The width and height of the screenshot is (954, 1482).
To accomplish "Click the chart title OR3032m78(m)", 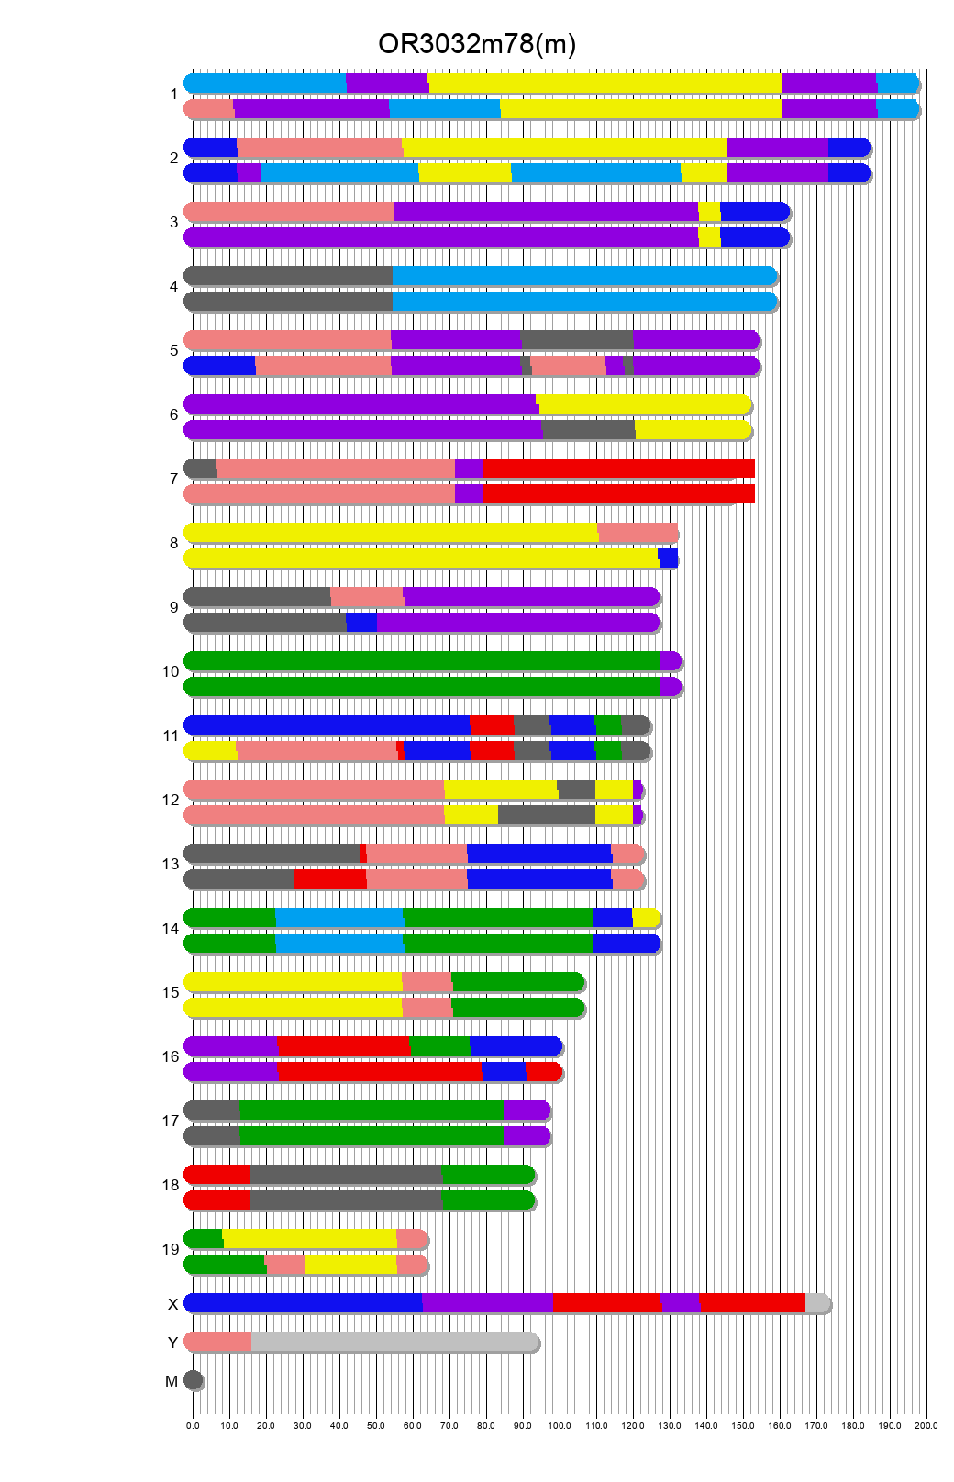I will click(477, 43).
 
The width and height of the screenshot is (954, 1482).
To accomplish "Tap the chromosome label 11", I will click(171, 735).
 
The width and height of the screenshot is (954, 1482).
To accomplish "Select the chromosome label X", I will click(172, 1304).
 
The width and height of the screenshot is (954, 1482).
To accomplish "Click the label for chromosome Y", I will click(172, 1343).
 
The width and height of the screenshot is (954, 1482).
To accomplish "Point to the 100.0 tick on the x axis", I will click(560, 1425).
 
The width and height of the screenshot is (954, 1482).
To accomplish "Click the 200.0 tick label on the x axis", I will click(926, 1425).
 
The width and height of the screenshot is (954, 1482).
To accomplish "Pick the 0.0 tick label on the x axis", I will click(193, 1425).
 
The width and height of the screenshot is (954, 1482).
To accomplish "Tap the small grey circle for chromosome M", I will click(194, 1380).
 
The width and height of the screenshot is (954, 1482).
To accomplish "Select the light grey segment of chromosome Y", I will click(394, 1342).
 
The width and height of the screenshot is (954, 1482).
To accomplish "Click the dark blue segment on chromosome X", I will click(303, 1303).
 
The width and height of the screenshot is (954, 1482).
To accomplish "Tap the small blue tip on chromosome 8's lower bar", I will click(668, 559).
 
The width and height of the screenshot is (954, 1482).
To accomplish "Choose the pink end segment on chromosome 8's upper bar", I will click(638, 533).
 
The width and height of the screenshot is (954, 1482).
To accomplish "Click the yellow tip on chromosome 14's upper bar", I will click(645, 918).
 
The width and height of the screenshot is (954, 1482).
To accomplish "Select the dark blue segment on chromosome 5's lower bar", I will click(220, 366).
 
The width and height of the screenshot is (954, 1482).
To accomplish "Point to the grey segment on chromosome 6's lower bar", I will click(588, 430).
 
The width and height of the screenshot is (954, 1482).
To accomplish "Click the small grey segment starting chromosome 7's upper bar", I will click(201, 469).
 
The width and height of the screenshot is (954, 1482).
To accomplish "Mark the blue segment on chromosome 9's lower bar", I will click(361, 623).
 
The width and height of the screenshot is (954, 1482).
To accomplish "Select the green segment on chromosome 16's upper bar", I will click(439, 1046).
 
